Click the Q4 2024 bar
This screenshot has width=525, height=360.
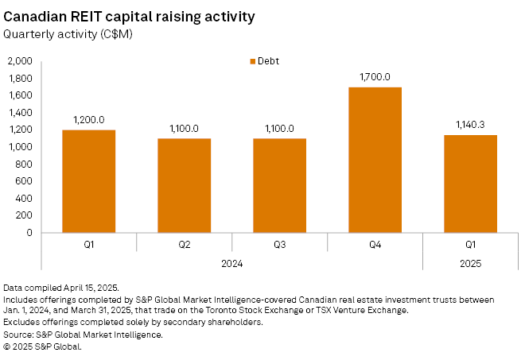click(375, 160)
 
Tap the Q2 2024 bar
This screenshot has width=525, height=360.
click(184, 185)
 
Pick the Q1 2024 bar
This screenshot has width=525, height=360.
click(88, 181)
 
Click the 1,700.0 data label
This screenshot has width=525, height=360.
click(375, 77)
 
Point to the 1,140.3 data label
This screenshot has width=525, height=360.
click(470, 125)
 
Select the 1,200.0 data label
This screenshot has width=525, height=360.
click(88, 120)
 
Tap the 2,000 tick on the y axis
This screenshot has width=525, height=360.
click(20, 61)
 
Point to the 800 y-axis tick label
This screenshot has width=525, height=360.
click(24, 165)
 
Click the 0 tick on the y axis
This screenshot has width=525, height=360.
click(29, 233)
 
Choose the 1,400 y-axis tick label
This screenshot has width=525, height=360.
click(20, 113)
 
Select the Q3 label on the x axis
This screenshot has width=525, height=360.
click(279, 245)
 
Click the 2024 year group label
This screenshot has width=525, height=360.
click(231, 262)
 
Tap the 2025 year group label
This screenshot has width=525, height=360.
click(470, 262)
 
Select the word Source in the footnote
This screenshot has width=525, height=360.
click(20, 335)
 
